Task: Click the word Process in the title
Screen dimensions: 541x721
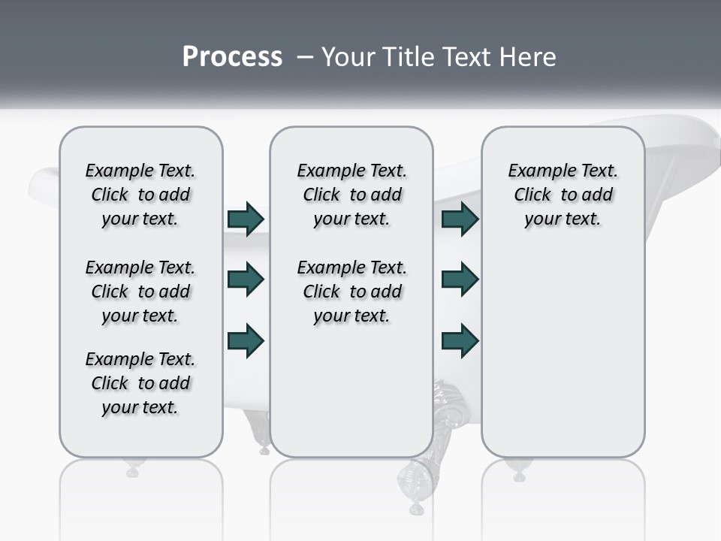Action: (232, 56)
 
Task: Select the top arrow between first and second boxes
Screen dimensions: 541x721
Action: (246, 219)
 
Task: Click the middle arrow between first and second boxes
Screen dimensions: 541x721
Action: (246, 280)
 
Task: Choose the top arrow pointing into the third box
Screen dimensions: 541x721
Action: (460, 219)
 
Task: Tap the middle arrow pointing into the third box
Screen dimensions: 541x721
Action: (460, 280)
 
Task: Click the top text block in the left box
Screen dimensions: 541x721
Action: (140, 195)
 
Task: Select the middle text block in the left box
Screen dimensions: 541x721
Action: (140, 292)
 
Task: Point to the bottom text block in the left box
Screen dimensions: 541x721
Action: (140, 383)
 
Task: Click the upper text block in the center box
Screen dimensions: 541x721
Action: (352, 195)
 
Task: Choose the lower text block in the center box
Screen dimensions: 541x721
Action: (352, 292)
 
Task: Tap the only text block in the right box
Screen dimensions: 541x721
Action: (563, 195)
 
